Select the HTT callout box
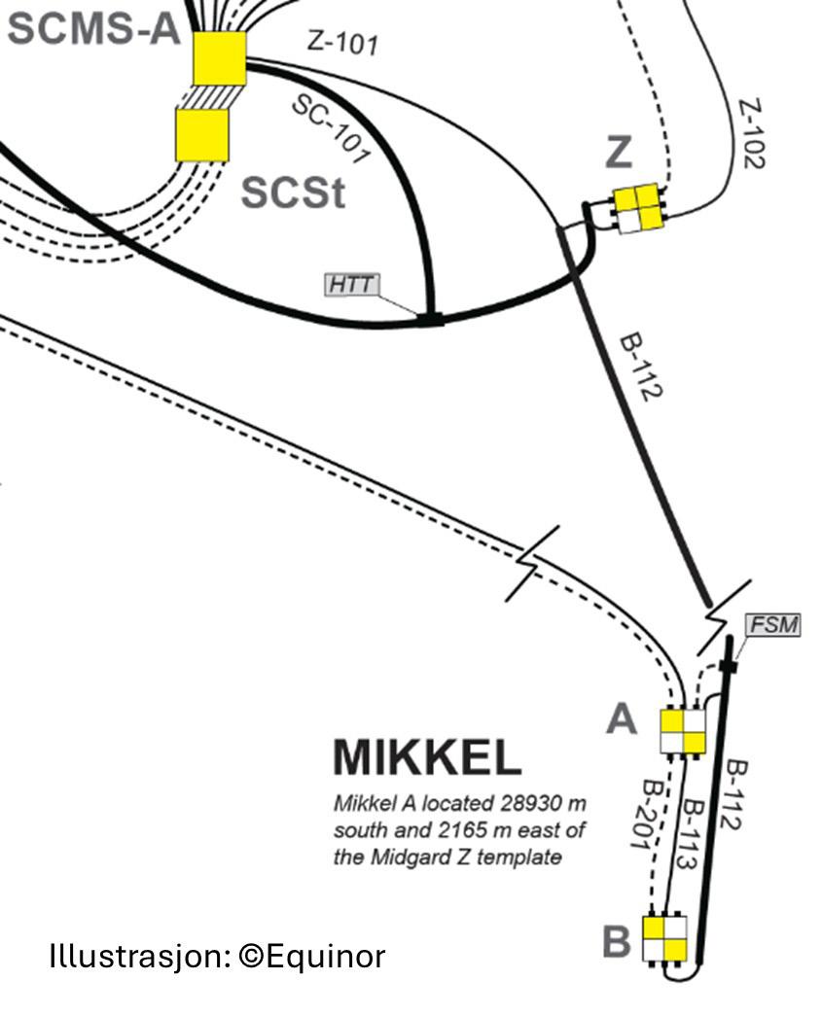(352, 285)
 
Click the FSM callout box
(773, 625)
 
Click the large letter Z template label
(618, 153)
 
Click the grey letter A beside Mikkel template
(621, 720)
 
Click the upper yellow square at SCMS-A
(219, 59)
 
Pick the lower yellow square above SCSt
(202, 134)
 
